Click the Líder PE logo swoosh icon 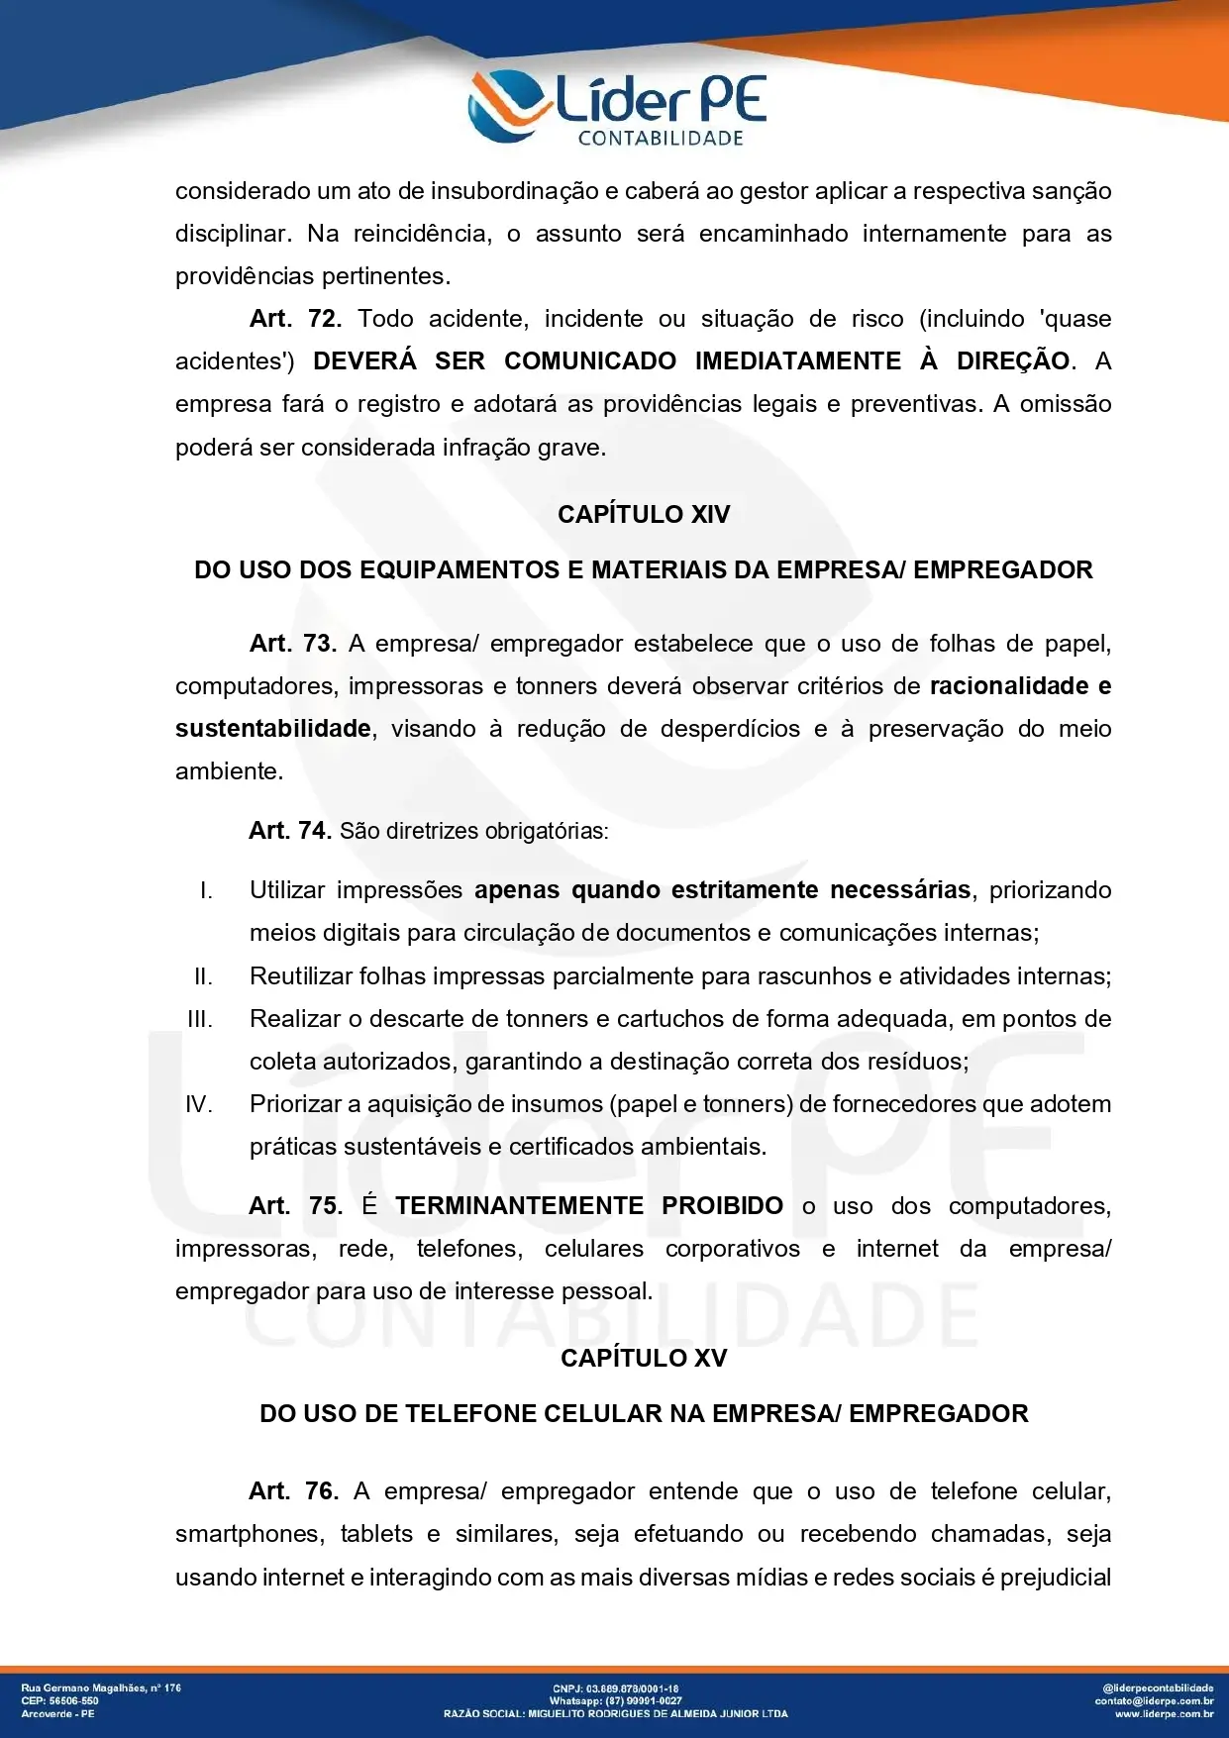507,105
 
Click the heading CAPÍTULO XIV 644,515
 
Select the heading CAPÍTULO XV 644,1358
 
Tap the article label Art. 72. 295,319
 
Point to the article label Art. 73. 293,644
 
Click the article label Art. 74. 289,831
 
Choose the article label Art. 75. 295,1206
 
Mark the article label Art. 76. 293,1491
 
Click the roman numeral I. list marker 206,891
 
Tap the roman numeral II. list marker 203,977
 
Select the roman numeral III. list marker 200,1020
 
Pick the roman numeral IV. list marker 199,1105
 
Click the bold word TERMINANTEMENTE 519,1206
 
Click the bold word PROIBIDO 722,1206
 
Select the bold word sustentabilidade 273,729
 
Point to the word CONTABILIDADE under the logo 661,139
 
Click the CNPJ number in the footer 615,1688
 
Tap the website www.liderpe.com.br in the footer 1164,1713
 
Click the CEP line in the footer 59,1700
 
